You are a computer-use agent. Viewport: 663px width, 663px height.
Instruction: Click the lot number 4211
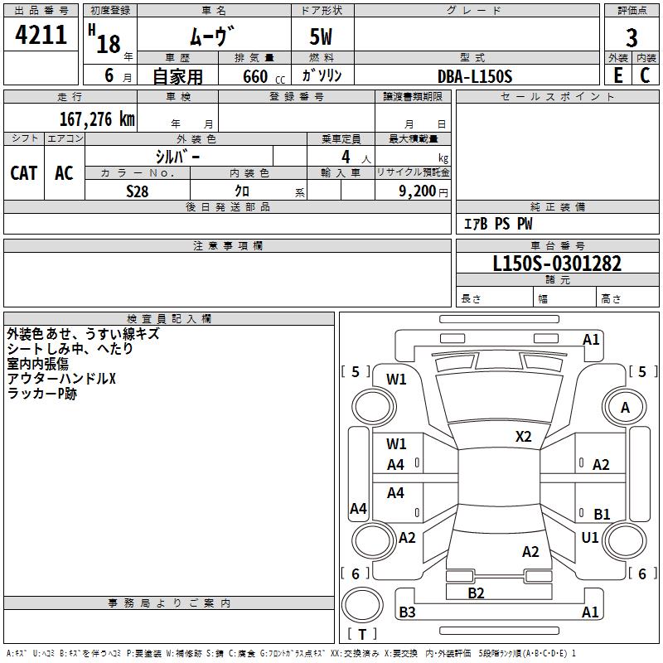pyautogui.click(x=41, y=36)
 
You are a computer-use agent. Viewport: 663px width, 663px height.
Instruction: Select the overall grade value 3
pyautogui.click(x=632, y=37)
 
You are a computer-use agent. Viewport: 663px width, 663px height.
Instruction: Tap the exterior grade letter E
pyautogui.click(x=617, y=75)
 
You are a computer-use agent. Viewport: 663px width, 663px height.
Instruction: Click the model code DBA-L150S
pyautogui.click(x=475, y=76)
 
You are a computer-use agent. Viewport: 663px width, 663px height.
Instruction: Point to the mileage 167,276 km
pyautogui.click(x=96, y=119)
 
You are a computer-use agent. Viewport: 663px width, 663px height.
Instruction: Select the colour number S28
pyautogui.click(x=137, y=191)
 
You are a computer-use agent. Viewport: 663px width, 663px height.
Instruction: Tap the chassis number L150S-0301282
pyautogui.click(x=557, y=264)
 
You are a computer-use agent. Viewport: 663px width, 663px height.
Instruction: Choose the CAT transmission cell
pyautogui.click(x=23, y=173)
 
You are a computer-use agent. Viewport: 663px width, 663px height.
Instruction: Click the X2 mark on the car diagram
pyautogui.click(x=524, y=436)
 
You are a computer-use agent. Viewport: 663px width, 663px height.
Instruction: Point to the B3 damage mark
pyautogui.click(x=408, y=612)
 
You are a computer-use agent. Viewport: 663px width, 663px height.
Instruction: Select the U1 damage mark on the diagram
pyautogui.click(x=590, y=538)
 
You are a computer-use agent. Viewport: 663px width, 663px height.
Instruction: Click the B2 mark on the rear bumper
pyautogui.click(x=476, y=593)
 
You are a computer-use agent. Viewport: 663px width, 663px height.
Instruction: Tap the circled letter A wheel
pyautogui.click(x=625, y=407)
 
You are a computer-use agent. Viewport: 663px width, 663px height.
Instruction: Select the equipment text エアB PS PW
pyautogui.click(x=497, y=224)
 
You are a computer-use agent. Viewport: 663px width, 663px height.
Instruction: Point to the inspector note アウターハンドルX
pyautogui.click(x=62, y=380)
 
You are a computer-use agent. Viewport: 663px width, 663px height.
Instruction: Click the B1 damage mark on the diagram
pyautogui.click(x=602, y=514)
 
